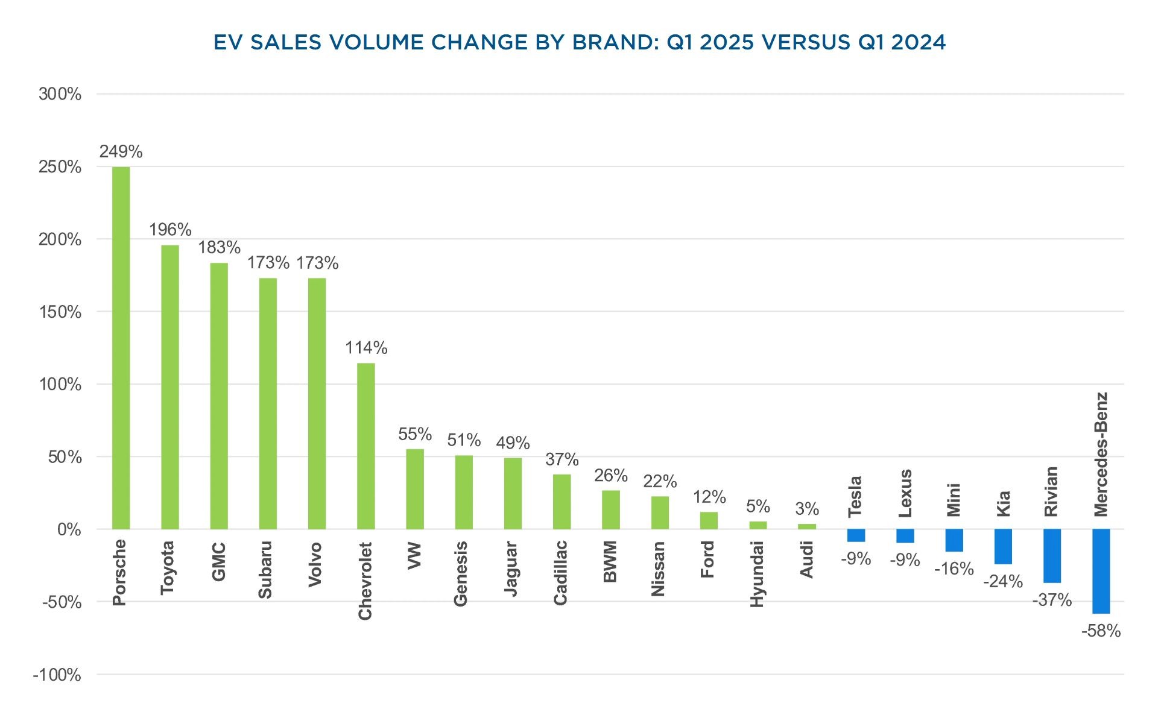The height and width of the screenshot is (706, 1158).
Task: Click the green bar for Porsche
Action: pos(121,348)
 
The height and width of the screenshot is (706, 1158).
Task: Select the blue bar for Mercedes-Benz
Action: pos(1101,571)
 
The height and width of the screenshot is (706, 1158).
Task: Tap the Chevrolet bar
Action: pos(365,446)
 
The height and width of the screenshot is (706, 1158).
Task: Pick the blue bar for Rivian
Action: pos(1052,556)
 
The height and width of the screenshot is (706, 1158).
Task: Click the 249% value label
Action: pos(121,151)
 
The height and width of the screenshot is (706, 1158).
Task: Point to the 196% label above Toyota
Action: pos(170,230)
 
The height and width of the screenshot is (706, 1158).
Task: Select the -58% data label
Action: pos(1101,631)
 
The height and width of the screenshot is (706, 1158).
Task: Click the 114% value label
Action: pos(365,348)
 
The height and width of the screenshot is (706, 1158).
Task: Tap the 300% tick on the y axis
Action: pos(60,94)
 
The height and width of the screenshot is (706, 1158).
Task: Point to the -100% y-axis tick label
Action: pos(57,675)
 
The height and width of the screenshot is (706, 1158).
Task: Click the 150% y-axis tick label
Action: pos(60,312)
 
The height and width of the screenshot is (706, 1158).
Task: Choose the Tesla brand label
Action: pos(855,497)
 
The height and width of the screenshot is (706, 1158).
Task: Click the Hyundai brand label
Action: pos(757,574)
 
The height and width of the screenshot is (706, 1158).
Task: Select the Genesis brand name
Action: pos(461,573)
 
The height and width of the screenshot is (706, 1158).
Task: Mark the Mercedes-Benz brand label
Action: pos(1101,455)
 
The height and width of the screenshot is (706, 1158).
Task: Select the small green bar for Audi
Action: pos(806,526)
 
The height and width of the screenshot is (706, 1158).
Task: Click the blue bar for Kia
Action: pos(1003,547)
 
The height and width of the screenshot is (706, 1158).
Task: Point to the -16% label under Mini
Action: pos(954,569)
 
